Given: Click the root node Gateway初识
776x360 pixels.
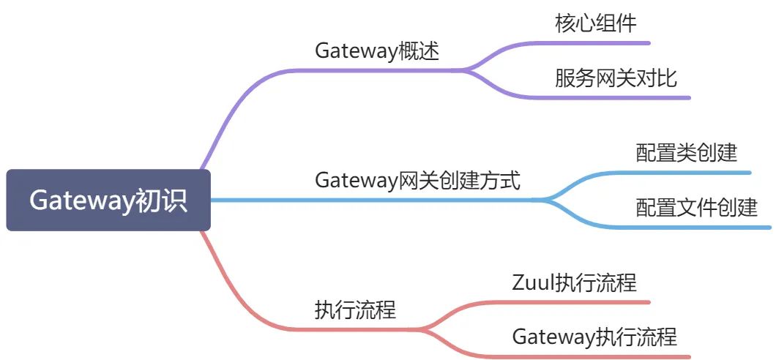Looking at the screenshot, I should click(108, 200).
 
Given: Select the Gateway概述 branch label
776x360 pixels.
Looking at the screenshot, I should click(377, 51).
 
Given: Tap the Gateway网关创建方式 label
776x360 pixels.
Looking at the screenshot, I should click(417, 181).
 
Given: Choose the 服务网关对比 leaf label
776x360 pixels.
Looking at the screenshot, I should click(616, 78).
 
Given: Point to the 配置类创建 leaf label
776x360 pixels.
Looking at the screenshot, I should click(686, 153).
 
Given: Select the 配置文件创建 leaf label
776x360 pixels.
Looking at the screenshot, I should click(696, 208).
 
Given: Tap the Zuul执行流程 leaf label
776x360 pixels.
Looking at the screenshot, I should click(574, 282).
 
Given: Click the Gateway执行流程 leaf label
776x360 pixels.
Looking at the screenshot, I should click(594, 337).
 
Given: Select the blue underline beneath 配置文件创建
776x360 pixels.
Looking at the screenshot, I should click(703, 227).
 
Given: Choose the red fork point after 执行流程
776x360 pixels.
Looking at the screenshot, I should click(425, 329).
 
